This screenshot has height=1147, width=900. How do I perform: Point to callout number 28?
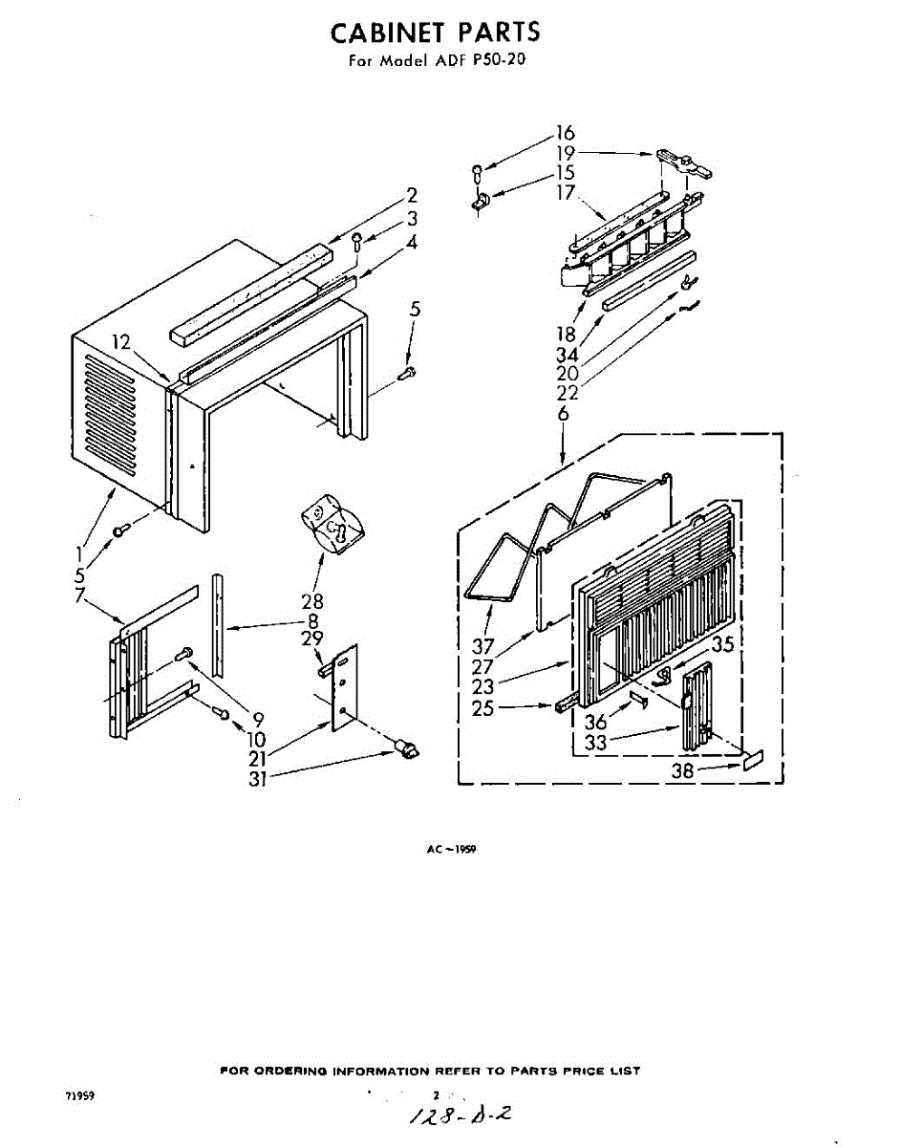311,601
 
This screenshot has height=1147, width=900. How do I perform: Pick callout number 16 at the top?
565,133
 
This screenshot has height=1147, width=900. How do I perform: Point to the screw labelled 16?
477,174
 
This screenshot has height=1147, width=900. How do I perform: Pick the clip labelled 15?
481,201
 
